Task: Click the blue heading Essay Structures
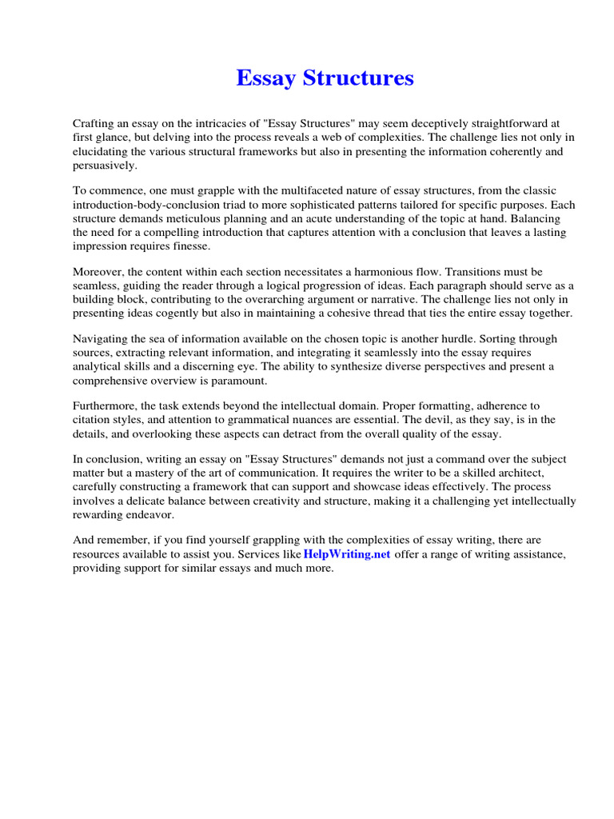[x=325, y=78]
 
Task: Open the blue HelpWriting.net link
[x=346, y=555]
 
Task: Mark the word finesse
[x=185, y=246]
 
